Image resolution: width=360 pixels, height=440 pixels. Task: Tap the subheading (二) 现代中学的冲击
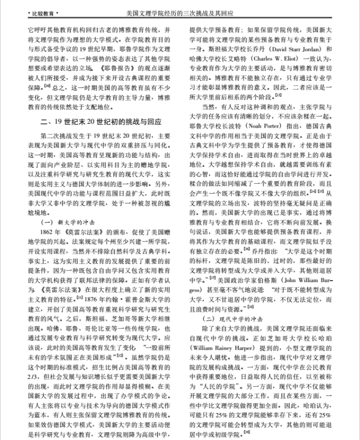coord(230,318)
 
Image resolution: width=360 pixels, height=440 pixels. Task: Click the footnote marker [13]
coord(279,95)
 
